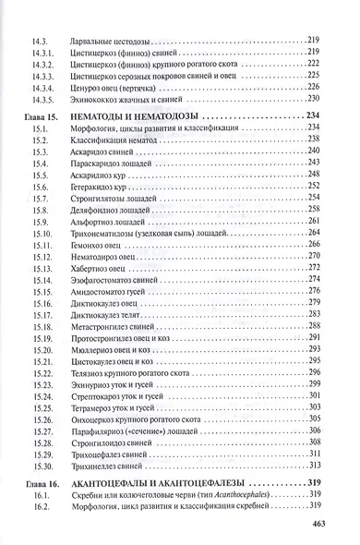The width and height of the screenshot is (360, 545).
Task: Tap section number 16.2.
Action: pos(40,507)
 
